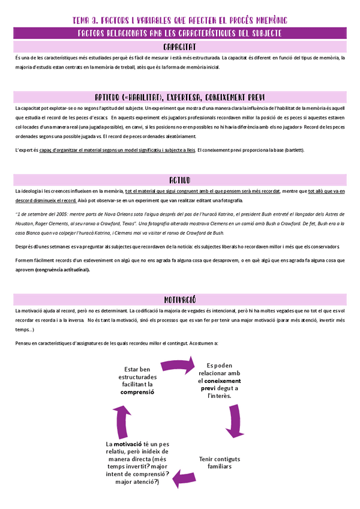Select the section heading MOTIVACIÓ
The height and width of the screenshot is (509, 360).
coord(180,300)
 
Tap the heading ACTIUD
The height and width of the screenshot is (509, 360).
coord(180,179)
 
